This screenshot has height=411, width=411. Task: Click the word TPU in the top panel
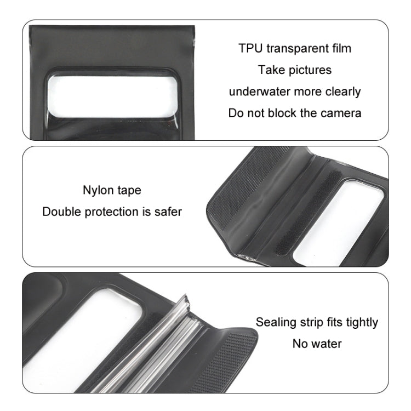pyautogui.click(x=250, y=48)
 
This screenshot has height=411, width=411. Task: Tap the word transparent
pyautogui.click(x=296, y=48)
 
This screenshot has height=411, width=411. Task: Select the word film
pyautogui.click(x=340, y=48)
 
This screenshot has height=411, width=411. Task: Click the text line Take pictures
pyautogui.click(x=295, y=70)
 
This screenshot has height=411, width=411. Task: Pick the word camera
pyautogui.click(x=341, y=113)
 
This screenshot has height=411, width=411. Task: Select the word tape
pyautogui.click(x=129, y=191)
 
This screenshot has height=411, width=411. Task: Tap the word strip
pyautogui.click(x=313, y=322)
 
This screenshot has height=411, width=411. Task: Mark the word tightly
pyautogui.click(x=361, y=322)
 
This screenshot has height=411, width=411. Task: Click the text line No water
pyautogui.click(x=317, y=344)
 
